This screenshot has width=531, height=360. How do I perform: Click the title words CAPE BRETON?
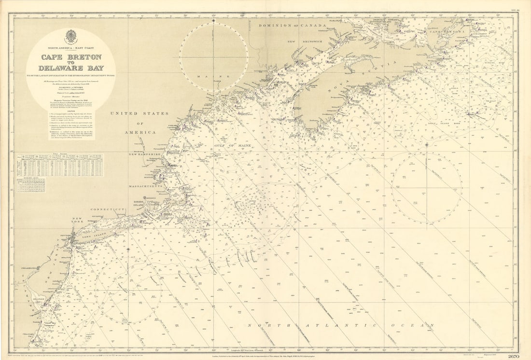pos(70,57)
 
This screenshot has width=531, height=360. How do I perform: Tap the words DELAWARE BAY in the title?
pos(70,68)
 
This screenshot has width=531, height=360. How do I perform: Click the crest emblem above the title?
pos(70,37)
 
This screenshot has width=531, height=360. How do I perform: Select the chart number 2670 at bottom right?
pos(514,356)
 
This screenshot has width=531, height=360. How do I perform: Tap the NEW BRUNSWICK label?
pos(305,42)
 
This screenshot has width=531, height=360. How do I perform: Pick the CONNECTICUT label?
pos(108,209)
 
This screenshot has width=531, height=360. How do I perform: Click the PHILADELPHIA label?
pos(30,267)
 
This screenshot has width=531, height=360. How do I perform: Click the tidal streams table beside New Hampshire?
pos(60,166)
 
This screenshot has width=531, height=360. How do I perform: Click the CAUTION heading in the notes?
pos(70,109)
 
